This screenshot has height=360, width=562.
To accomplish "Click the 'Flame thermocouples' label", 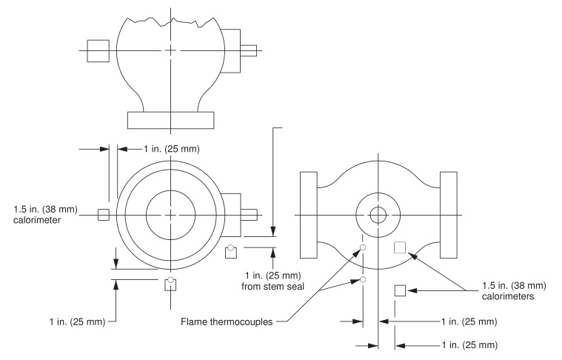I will point(226,321).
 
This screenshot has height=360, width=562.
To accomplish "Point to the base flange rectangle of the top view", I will point(171,119).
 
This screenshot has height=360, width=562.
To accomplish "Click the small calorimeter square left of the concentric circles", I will point(104,215).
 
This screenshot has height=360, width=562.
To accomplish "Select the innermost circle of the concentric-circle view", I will point(171,215).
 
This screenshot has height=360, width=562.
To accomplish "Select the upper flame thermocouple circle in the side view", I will point(363,247).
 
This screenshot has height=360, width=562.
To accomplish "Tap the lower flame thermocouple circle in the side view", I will point(363,279).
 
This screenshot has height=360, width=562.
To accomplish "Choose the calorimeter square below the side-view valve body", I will point(400,290).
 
